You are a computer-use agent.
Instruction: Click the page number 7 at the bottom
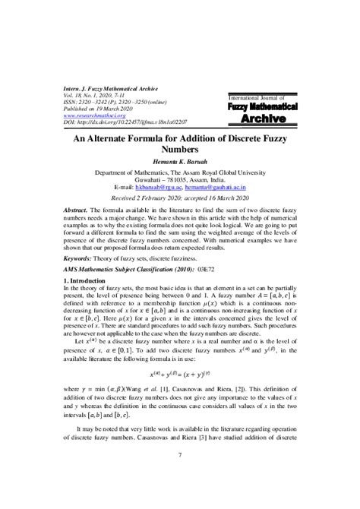pos(180,476)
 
